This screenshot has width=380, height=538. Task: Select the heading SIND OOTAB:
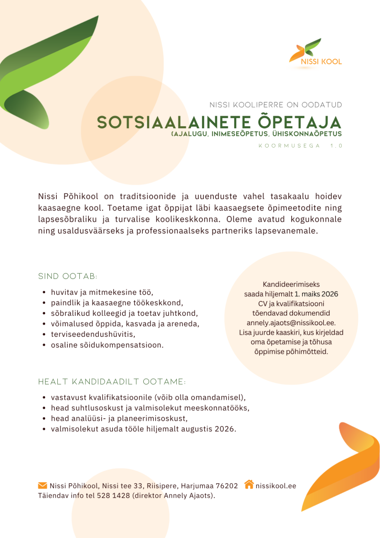tap(68, 276)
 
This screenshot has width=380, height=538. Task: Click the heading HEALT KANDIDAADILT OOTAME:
tap(112, 381)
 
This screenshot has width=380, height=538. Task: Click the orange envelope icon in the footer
tap(43, 485)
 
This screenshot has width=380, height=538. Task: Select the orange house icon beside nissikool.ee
tap(249, 484)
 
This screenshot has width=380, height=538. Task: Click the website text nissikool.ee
tap(276, 485)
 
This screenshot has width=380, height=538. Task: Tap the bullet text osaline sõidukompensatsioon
tap(107, 345)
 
